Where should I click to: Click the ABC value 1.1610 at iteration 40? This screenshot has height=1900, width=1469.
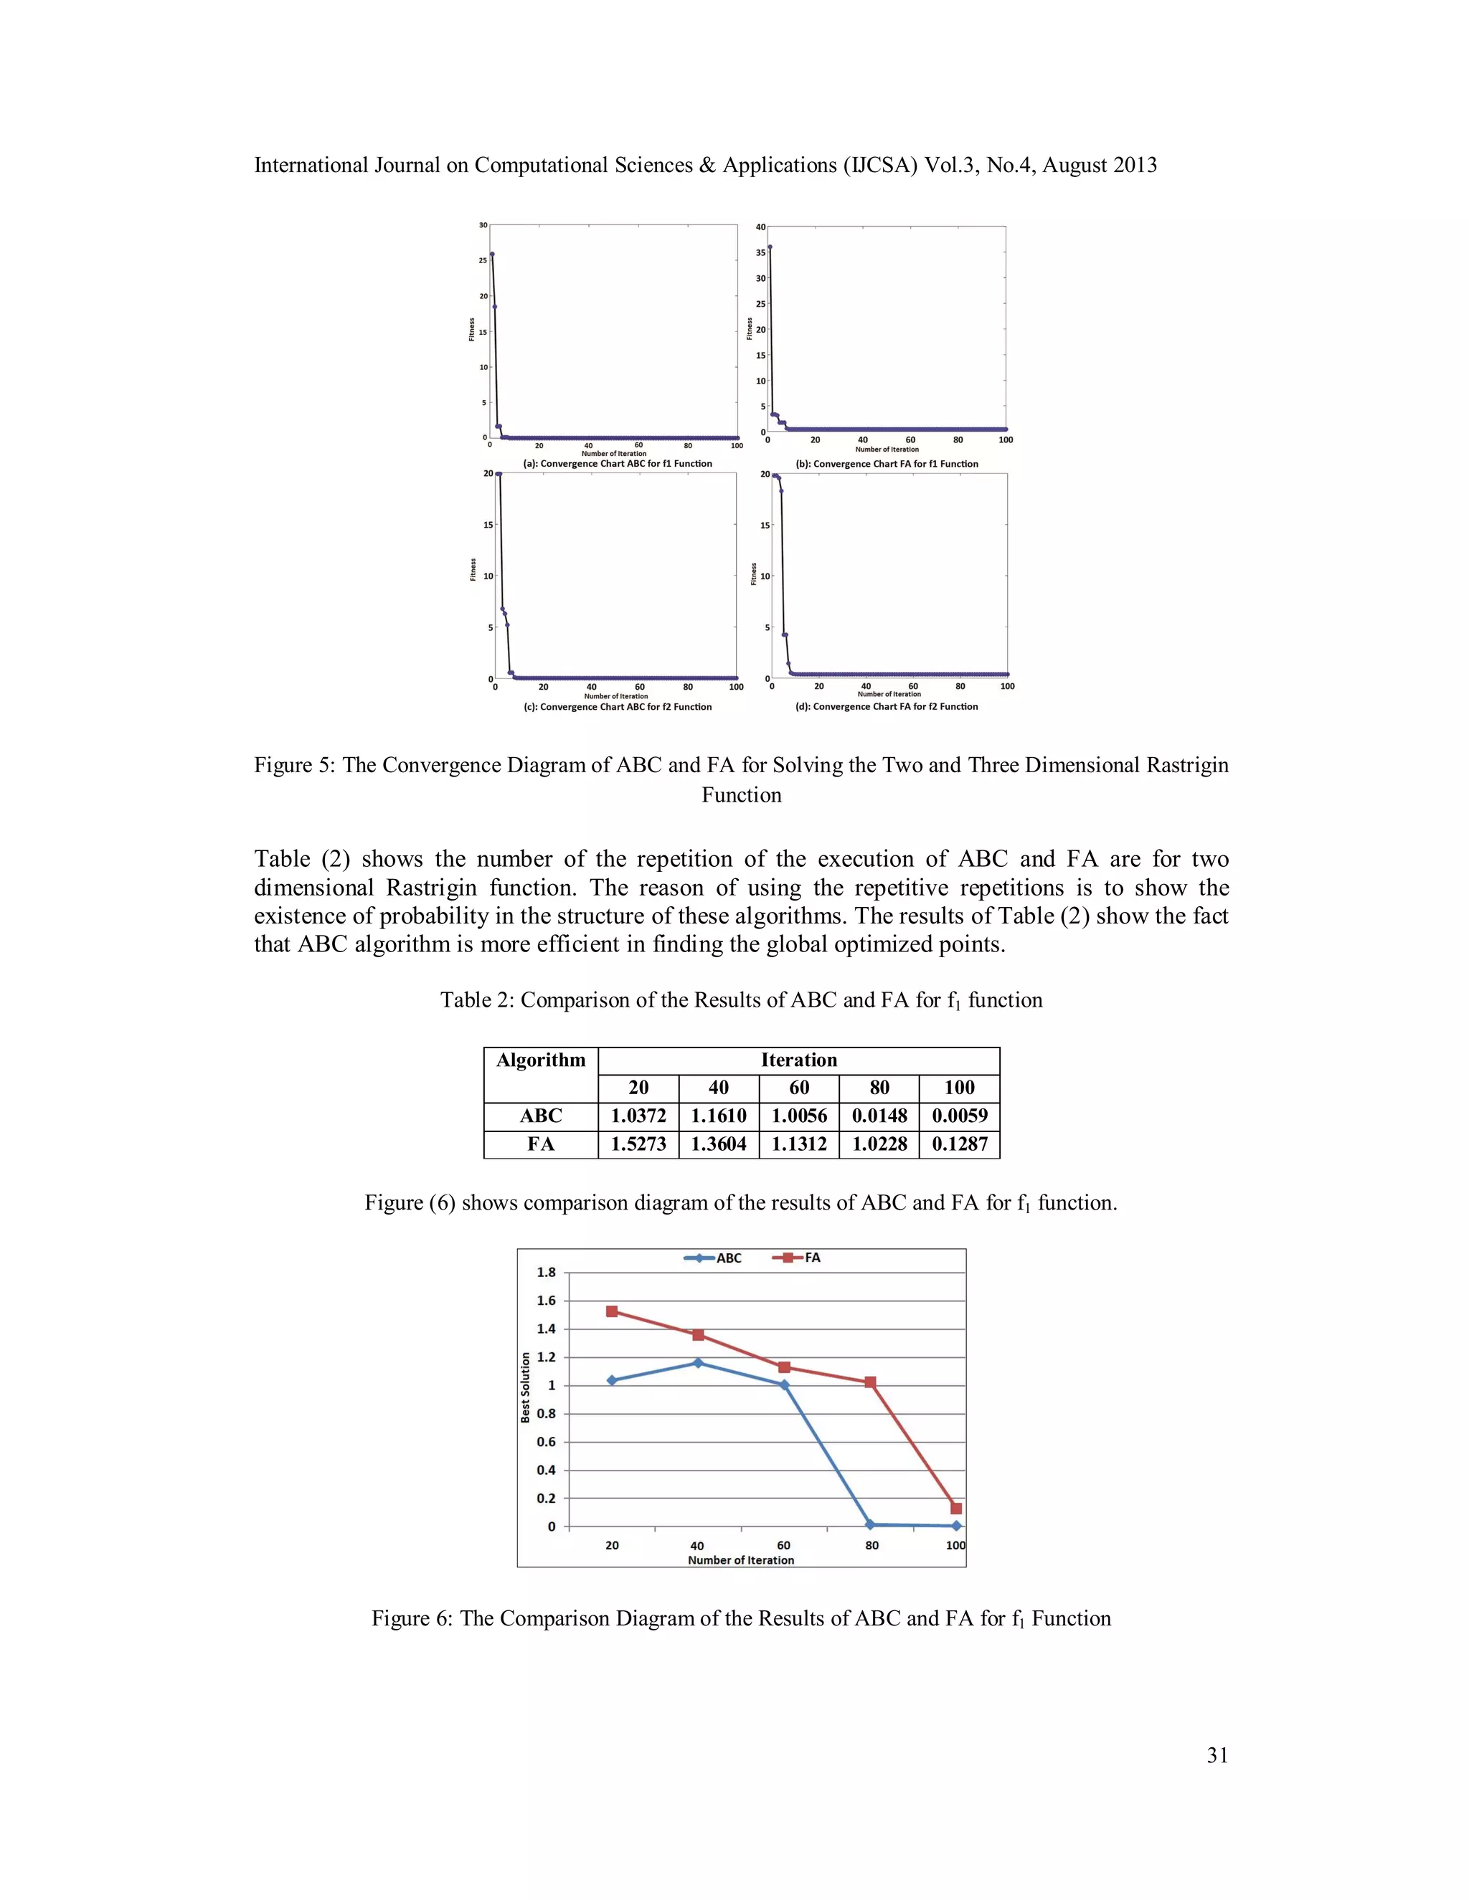[x=718, y=1116]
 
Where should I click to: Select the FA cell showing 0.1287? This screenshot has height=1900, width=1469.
[x=959, y=1144]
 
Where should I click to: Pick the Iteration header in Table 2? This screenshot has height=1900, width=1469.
[x=798, y=1060]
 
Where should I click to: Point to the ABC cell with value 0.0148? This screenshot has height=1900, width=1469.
[x=879, y=1116]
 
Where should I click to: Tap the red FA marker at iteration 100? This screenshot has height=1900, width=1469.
[x=955, y=1509]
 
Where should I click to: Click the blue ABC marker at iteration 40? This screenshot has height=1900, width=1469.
[x=697, y=1362]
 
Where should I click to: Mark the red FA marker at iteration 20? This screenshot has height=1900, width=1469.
[x=612, y=1311]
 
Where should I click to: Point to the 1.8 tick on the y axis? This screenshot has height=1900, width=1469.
[x=546, y=1273]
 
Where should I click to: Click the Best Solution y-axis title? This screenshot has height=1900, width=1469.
[x=526, y=1387]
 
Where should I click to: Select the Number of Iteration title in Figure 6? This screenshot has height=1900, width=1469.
[x=740, y=1561]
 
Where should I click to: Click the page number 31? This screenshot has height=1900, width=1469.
[x=1217, y=1756]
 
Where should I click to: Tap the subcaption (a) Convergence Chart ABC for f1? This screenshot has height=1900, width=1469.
[x=617, y=464]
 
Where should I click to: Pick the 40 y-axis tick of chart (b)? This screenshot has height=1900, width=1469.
[x=760, y=227]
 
